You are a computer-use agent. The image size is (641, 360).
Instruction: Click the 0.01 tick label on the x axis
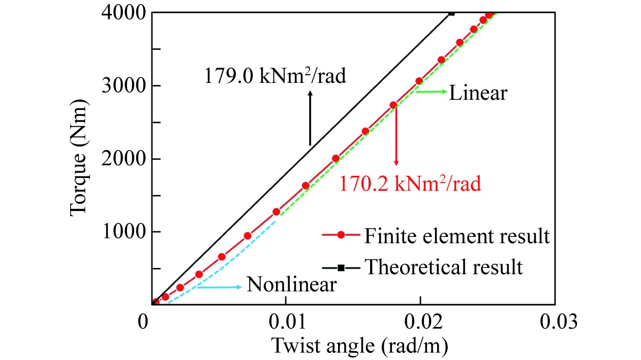pyautogui.click(x=287, y=322)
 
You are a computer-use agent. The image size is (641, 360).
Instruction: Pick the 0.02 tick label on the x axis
pyautogui.click(x=421, y=322)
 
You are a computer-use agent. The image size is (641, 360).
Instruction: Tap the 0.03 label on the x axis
pyautogui.click(x=555, y=322)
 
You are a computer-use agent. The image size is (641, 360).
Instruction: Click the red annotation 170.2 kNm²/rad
pyautogui.click(x=409, y=183)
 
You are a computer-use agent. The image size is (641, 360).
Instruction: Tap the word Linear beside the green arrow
pyautogui.click(x=478, y=94)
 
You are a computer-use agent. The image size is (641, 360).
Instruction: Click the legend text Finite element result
pyautogui.click(x=456, y=236)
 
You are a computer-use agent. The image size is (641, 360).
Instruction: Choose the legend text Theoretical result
pyautogui.click(x=444, y=266)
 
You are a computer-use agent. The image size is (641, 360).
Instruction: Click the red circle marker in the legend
pyautogui.click(x=341, y=235)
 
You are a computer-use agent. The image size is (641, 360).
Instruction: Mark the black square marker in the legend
pyautogui.click(x=341, y=267)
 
